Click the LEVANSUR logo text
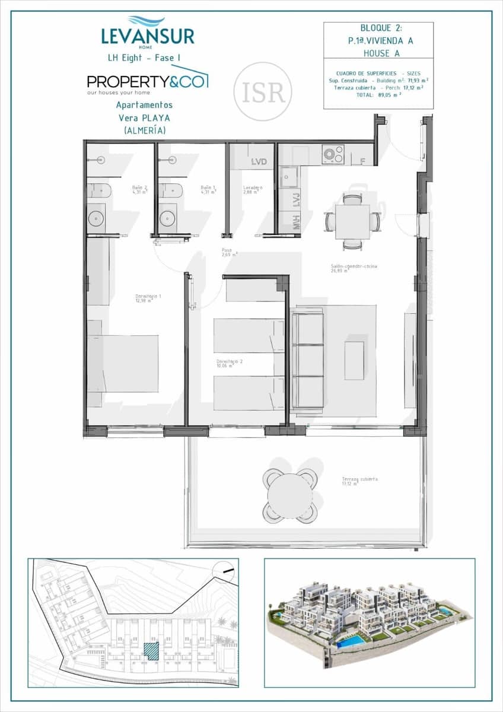(x=148, y=36)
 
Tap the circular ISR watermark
(x=263, y=91)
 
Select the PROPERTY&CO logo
(x=147, y=82)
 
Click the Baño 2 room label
(x=141, y=189)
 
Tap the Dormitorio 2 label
(x=229, y=363)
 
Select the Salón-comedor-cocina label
(x=354, y=268)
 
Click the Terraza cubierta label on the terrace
(x=359, y=481)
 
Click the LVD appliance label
(x=259, y=161)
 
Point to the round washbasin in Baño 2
(x=96, y=218)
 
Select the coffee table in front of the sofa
(x=354, y=360)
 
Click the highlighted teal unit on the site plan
(x=152, y=651)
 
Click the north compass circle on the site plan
(x=225, y=571)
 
